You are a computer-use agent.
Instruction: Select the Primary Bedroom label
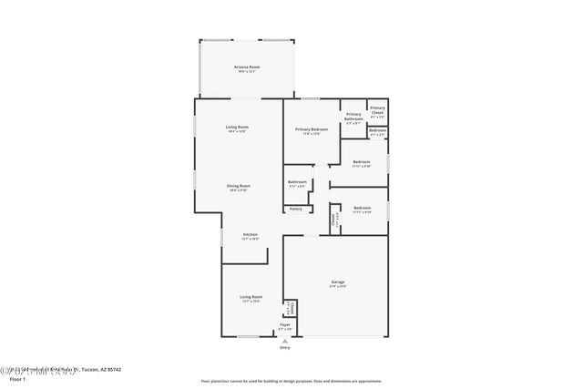[311, 130]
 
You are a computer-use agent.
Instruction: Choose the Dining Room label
[239, 187]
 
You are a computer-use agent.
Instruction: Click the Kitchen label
[250, 235]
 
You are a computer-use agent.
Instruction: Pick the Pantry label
[296, 210]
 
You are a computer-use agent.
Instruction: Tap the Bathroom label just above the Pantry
[297, 182]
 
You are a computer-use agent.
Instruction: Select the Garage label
[337, 283]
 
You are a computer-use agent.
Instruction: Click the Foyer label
[285, 325]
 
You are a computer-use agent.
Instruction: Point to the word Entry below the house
[285, 348]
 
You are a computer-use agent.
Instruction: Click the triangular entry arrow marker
[285, 341]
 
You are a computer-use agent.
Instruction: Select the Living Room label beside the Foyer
[251, 298]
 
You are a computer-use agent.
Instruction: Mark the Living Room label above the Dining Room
[238, 128]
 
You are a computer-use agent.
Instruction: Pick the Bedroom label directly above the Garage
[362, 209]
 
